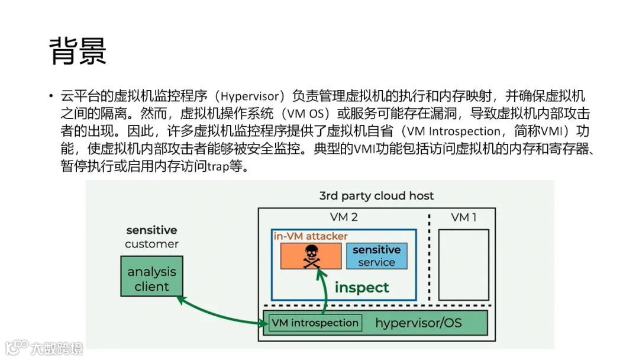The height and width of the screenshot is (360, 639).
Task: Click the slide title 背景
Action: [78, 50]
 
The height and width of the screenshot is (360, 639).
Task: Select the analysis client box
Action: [151, 279]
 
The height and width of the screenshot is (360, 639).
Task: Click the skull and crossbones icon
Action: [311, 256]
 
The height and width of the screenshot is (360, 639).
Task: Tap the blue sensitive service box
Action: [376, 256]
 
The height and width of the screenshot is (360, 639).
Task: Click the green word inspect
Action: [362, 288]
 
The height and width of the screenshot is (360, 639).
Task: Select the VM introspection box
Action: [315, 323]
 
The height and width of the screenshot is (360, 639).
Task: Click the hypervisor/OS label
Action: [418, 323]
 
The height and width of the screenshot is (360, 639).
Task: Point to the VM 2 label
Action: [343, 217]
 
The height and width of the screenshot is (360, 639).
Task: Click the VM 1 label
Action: [463, 217]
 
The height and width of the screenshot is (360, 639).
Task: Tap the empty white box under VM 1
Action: [463, 264]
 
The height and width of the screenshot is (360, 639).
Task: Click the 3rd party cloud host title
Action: [376, 195]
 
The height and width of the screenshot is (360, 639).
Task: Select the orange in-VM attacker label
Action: [310, 236]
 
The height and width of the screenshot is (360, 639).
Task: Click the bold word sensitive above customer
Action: [151, 230]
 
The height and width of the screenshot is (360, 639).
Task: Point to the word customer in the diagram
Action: [151, 244]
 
